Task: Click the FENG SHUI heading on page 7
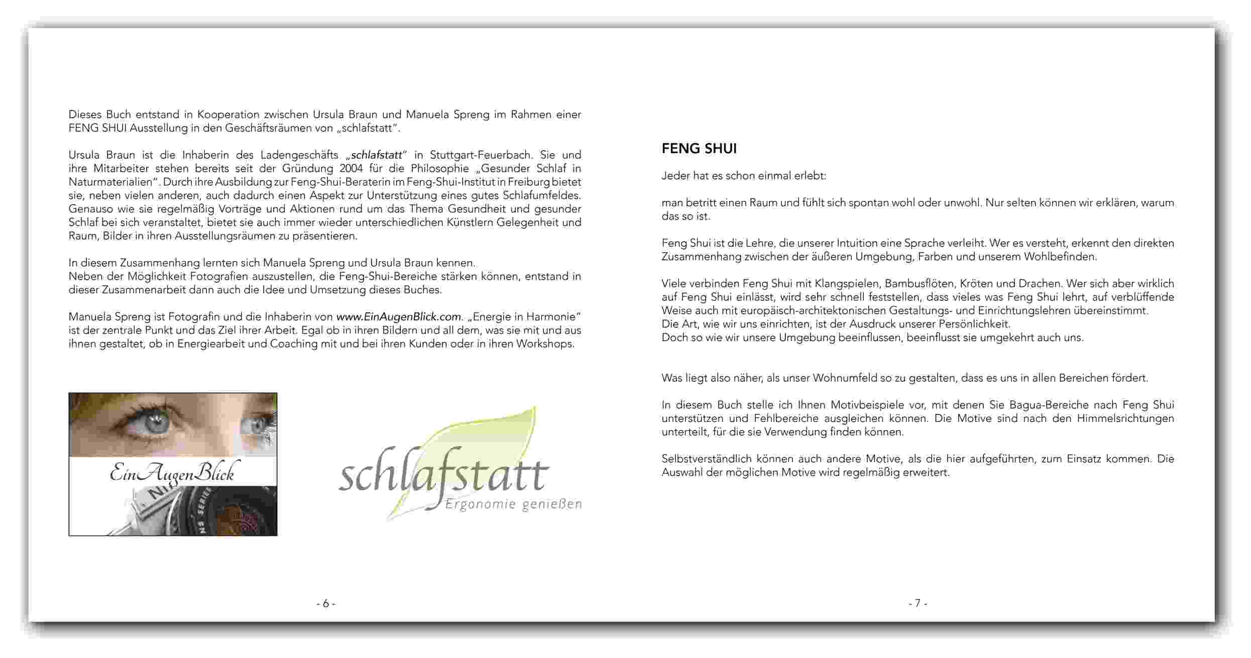699,149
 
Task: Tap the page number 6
325,603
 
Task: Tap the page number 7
918,603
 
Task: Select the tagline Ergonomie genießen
513,504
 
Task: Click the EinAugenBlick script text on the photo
172,474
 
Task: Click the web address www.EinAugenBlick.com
398,317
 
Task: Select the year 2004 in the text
351,168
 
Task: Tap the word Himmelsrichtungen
1125,418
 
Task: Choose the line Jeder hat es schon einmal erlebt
743,176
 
